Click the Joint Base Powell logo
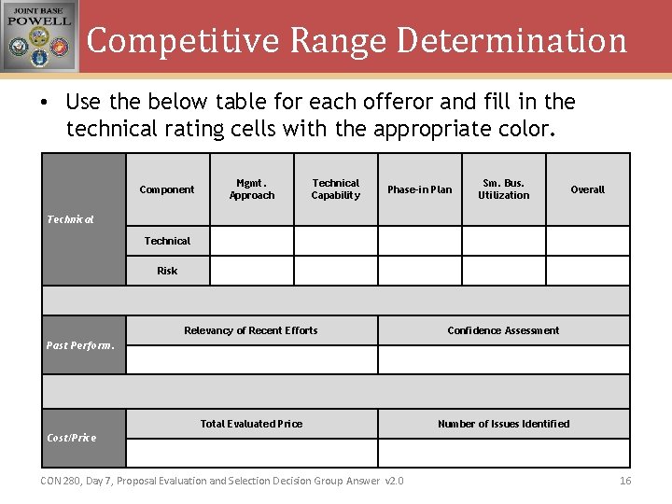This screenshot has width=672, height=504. click(39, 36)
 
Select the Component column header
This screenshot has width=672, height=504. click(167, 189)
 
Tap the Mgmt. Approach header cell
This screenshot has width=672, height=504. click(252, 189)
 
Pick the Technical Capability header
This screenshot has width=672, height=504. click(336, 189)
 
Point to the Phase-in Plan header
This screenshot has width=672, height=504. click(420, 189)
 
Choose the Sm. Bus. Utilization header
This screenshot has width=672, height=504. click(504, 189)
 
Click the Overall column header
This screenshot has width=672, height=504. click(588, 189)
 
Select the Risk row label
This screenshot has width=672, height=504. click(167, 271)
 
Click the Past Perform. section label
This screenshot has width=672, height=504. click(80, 345)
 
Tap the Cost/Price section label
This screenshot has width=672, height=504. click(72, 438)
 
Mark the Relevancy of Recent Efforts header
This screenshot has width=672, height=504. click(251, 330)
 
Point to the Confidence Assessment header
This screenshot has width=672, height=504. click(504, 330)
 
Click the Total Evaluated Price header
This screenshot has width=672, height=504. click(251, 424)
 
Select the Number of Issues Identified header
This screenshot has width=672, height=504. click(504, 424)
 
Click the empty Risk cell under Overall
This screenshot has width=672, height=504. click(588, 271)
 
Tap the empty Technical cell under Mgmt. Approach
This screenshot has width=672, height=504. click(252, 241)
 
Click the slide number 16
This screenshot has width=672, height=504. click(625, 481)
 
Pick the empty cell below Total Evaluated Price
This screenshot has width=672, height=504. click(251, 453)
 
